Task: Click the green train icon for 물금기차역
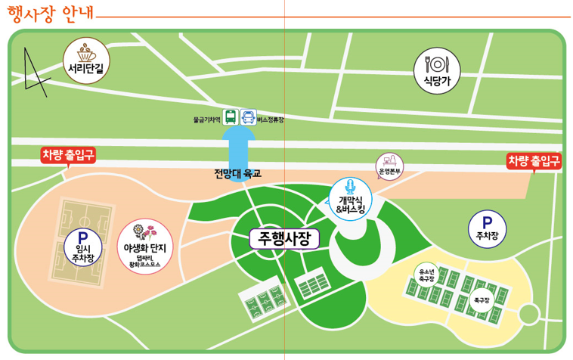point(230,118)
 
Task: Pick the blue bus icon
point(248,118)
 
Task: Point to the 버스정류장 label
point(270,119)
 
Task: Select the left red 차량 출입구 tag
point(68,156)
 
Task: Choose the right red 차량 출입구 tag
point(534,160)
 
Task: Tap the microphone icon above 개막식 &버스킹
point(349,186)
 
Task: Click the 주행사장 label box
point(284,239)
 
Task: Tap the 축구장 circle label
point(481,299)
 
